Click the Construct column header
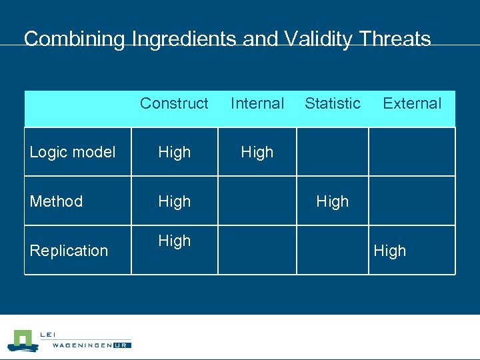[x=174, y=103]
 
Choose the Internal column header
[x=257, y=103]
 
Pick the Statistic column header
[x=333, y=103]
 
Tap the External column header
[x=412, y=103]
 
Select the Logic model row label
[x=73, y=152]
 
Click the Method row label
[x=57, y=201]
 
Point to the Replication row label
[x=69, y=251]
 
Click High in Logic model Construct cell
[x=175, y=152]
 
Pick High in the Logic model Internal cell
[x=257, y=152]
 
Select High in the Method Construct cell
[x=175, y=201]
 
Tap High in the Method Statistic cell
[x=333, y=201]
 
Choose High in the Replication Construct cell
[x=175, y=241]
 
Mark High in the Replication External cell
[x=390, y=251]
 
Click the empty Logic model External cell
[x=411, y=152]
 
